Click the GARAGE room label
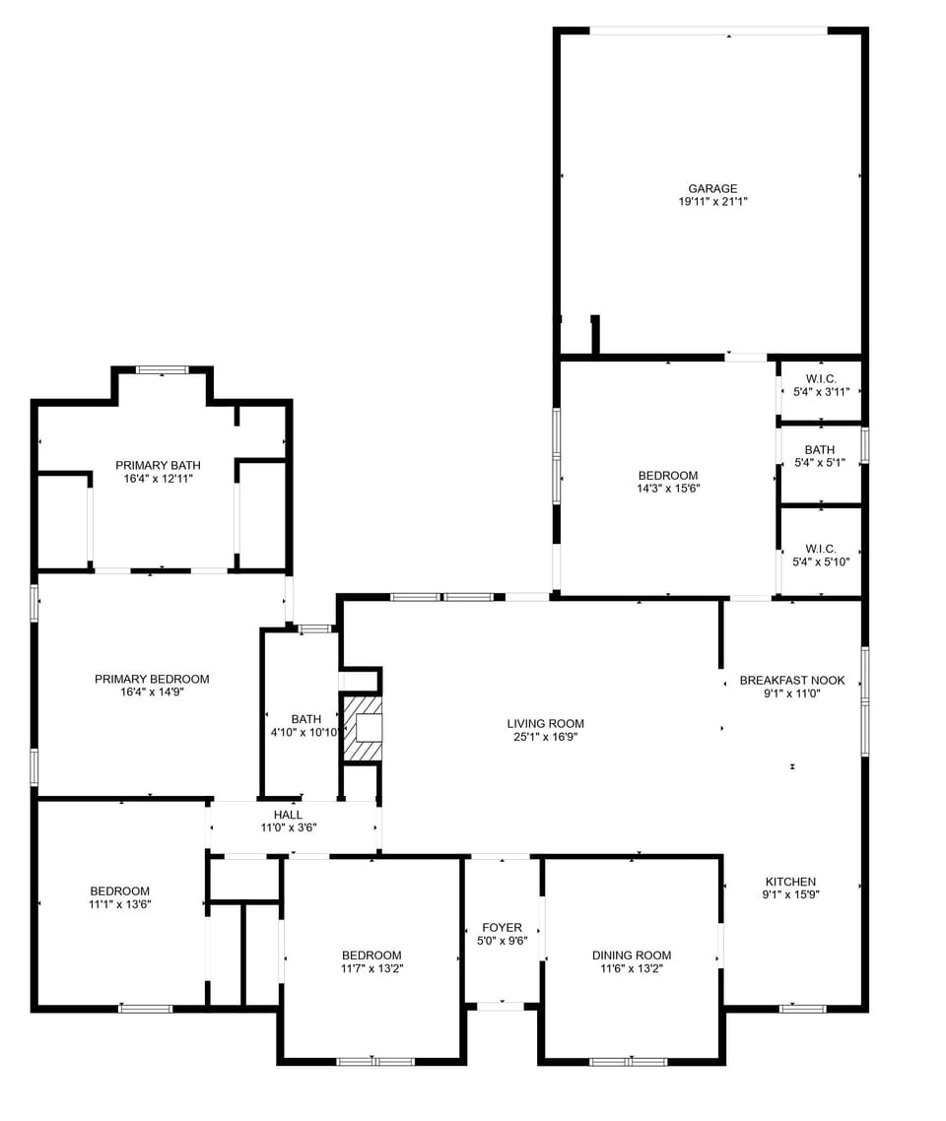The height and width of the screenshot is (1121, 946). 712,188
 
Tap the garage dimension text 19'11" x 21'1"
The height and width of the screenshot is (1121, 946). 712,202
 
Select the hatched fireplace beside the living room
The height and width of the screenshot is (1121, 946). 362,728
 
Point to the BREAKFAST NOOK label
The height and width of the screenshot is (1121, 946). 792,680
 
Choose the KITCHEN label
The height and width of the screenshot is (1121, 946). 790,882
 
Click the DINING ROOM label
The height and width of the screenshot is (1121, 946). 632,955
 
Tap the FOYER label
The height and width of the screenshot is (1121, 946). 502,927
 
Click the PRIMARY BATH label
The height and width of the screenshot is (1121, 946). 158,465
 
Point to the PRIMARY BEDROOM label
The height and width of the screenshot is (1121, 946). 152,679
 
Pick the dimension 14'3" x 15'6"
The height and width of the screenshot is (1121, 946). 668,489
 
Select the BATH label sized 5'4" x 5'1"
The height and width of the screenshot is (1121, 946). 820,450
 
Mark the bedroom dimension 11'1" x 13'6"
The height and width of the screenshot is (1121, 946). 120,904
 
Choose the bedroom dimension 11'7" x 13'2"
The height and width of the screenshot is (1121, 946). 372,968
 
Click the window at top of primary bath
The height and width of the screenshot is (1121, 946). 162,370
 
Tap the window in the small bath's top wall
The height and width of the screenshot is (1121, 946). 315,628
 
